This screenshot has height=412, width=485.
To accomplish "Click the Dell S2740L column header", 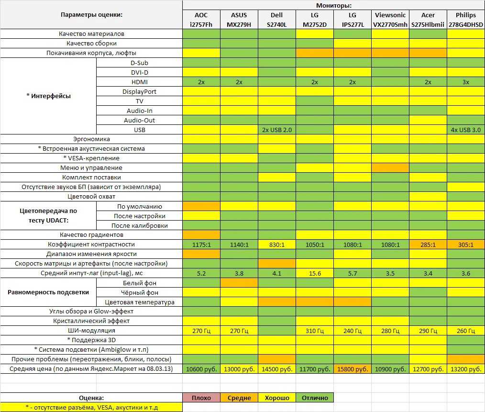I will tap(276, 20).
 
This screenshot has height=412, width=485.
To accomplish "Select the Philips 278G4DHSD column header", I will tap(466, 20).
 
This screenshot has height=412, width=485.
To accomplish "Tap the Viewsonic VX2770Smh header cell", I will tap(390, 20).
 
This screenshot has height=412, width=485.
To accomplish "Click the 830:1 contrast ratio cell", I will tap(276, 245).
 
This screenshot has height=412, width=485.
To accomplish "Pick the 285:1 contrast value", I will tap(428, 245).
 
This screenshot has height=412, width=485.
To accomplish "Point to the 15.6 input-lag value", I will tap(314, 273).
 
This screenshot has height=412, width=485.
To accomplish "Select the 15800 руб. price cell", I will tap(353, 369).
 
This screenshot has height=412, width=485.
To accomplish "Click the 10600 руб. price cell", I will tap(201, 369).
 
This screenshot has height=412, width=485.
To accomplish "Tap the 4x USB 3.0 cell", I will tap(466, 130).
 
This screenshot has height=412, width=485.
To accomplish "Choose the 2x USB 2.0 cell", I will tap(276, 130).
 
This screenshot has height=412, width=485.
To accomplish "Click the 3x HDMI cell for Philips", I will tap(466, 82).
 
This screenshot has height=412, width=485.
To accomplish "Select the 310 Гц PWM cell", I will tap(314, 331).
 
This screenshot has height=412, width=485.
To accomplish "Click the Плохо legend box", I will tap(201, 398).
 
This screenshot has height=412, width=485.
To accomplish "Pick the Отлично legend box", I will tap(314, 398).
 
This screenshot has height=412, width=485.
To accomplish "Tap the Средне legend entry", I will tap(239, 398).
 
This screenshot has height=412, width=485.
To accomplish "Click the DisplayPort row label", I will tap(139, 91).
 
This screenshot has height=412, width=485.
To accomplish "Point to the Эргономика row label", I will tap(91, 139).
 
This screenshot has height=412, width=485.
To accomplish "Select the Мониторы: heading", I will tap(333, 5).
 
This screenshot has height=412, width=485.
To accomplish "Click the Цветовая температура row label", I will tap(139, 302).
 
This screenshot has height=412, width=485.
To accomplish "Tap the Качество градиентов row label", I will tap(91, 235).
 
